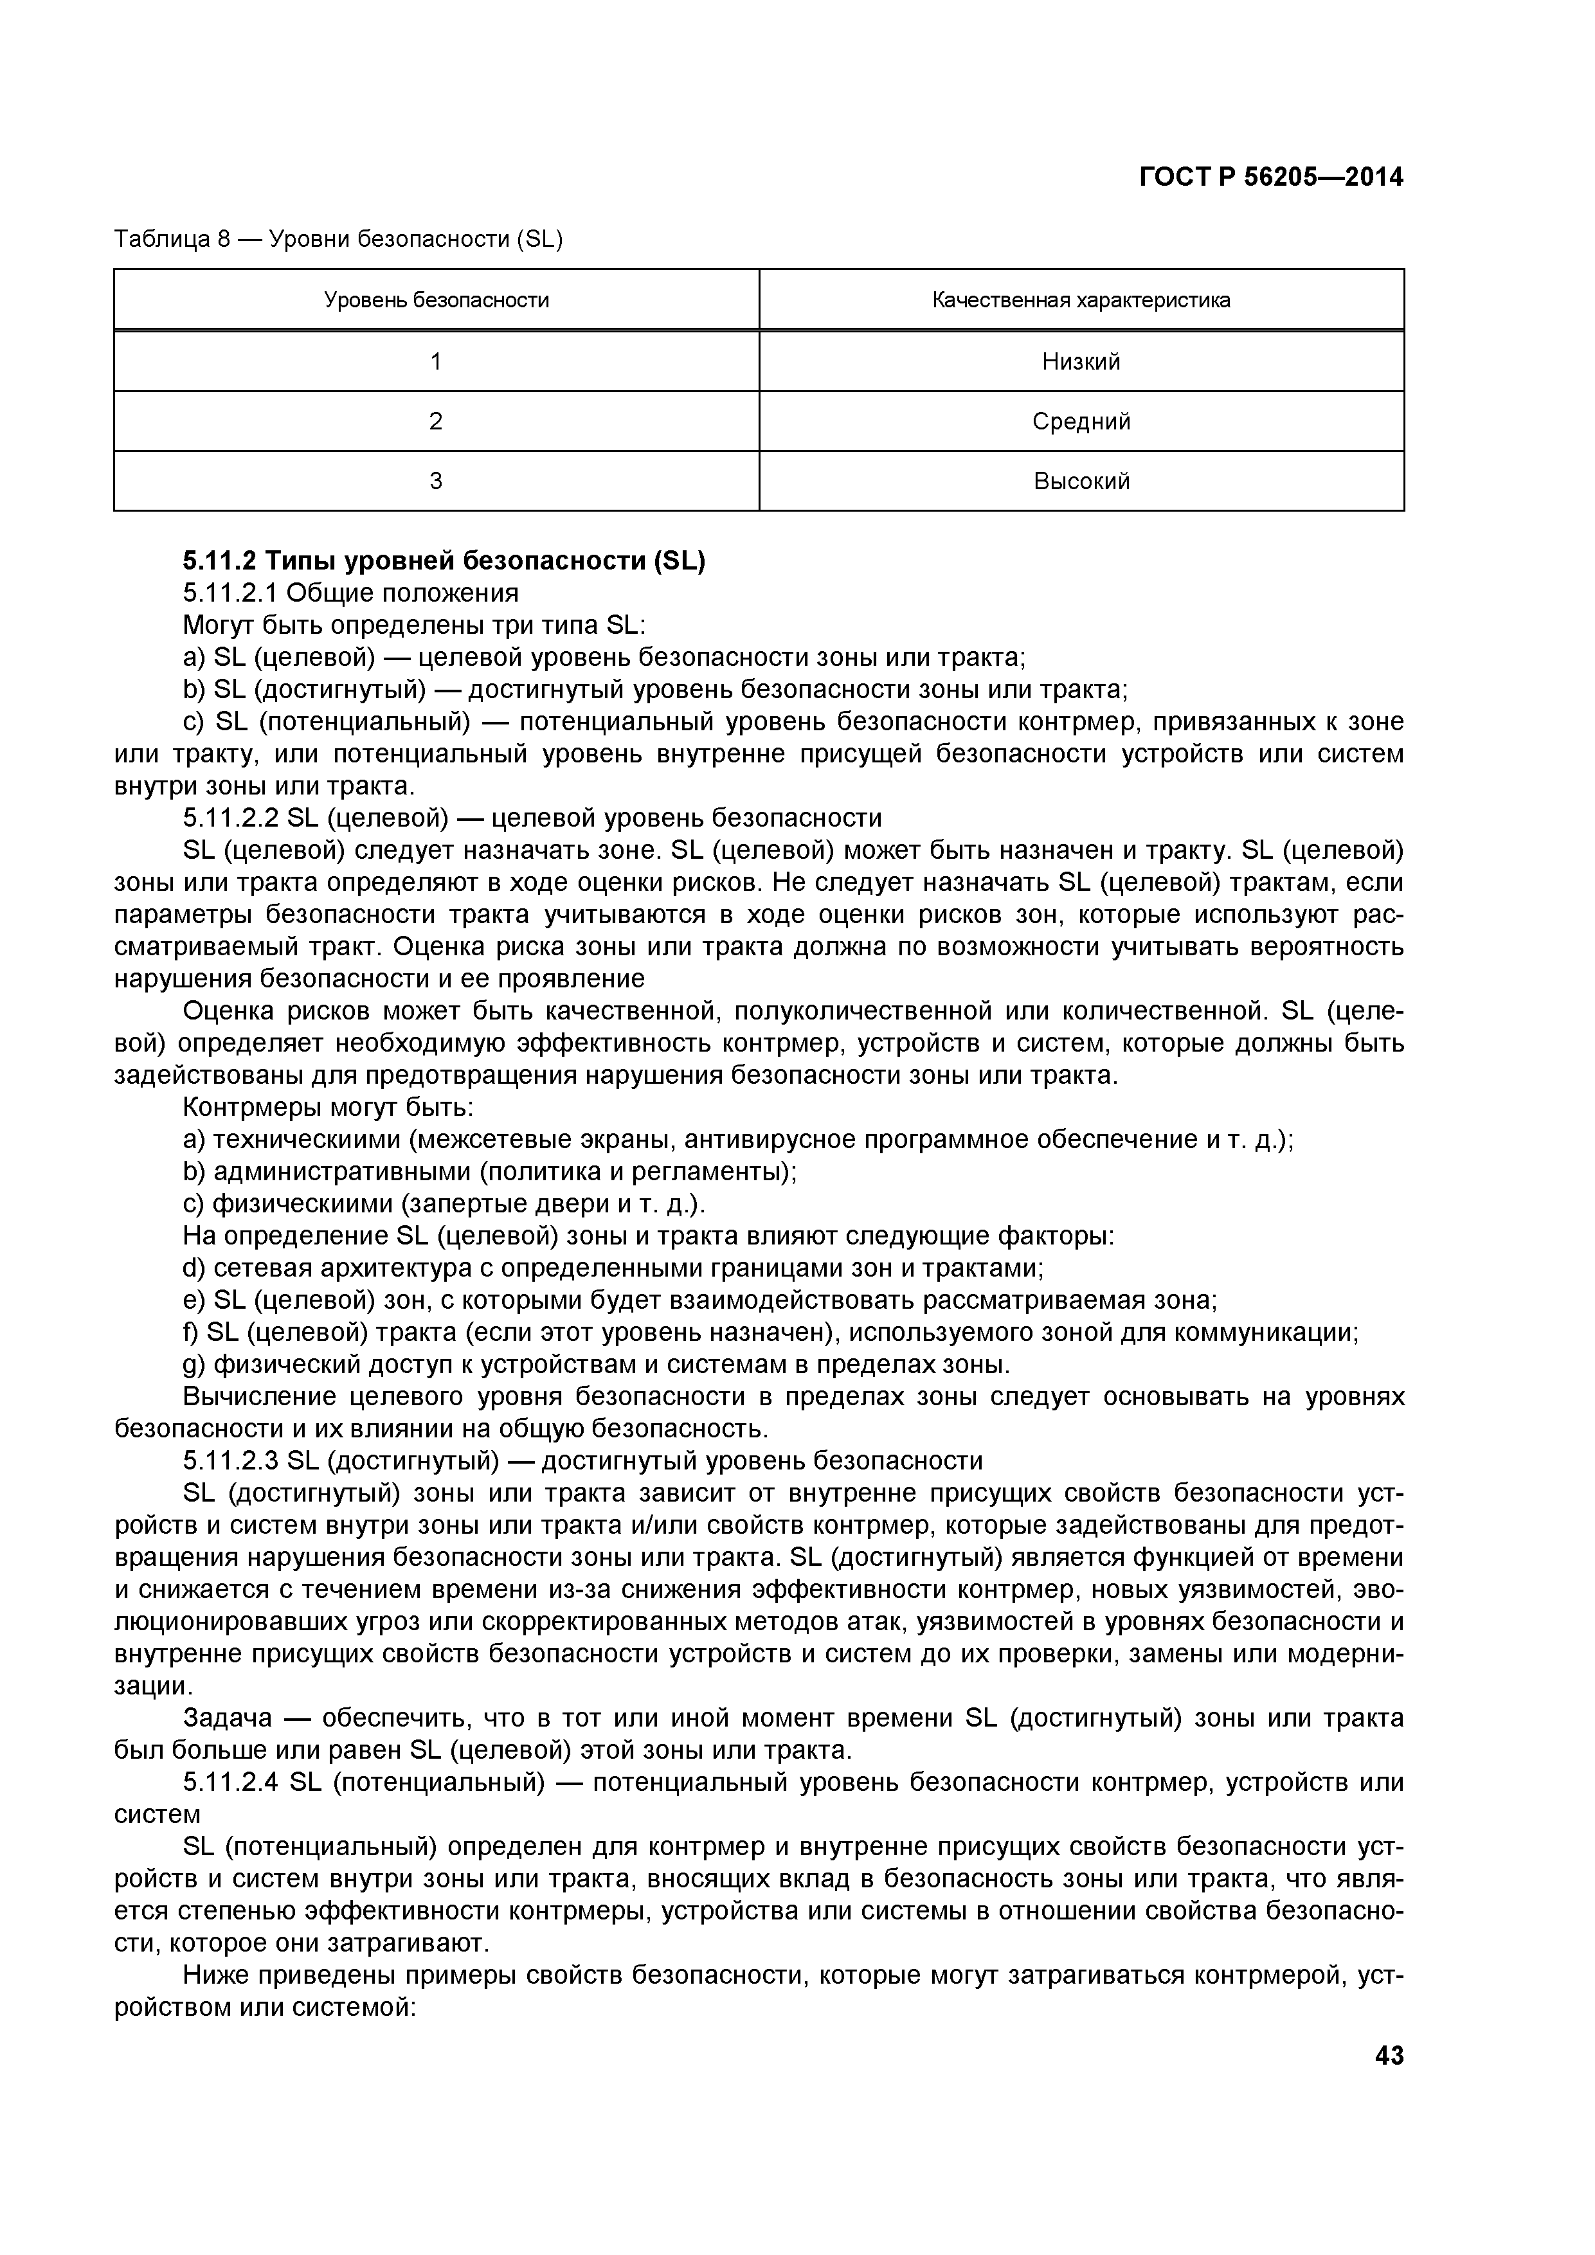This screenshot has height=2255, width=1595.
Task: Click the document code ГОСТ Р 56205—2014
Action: pos(1271,178)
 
